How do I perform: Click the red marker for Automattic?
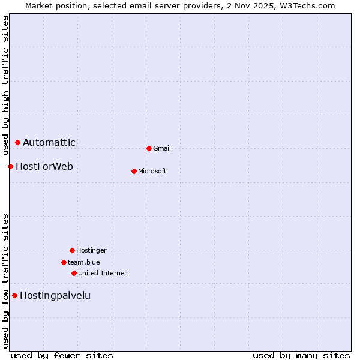(x=18, y=143)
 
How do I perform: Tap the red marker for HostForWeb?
(x=11, y=166)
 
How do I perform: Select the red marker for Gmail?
(x=149, y=148)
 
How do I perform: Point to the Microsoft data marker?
(x=134, y=171)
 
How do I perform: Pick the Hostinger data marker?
(x=72, y=250)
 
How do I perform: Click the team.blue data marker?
(x=64, y=262)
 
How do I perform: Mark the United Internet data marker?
(x=74, y=273)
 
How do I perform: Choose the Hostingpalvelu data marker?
(x=15, y=295)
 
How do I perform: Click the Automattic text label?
(x=49, y=143)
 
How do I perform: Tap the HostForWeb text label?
(x=44, y=166)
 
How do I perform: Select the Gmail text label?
(x=162, y=148)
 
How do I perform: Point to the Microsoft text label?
(x=152, y=171)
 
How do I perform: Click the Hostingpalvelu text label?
(x=55, y=295)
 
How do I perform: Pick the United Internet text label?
(x=103, y=273)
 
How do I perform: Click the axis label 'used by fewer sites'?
(x=62, y=356)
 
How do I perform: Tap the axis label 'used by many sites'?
(x=301, y=356)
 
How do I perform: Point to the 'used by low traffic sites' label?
(x=5, y=281)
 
